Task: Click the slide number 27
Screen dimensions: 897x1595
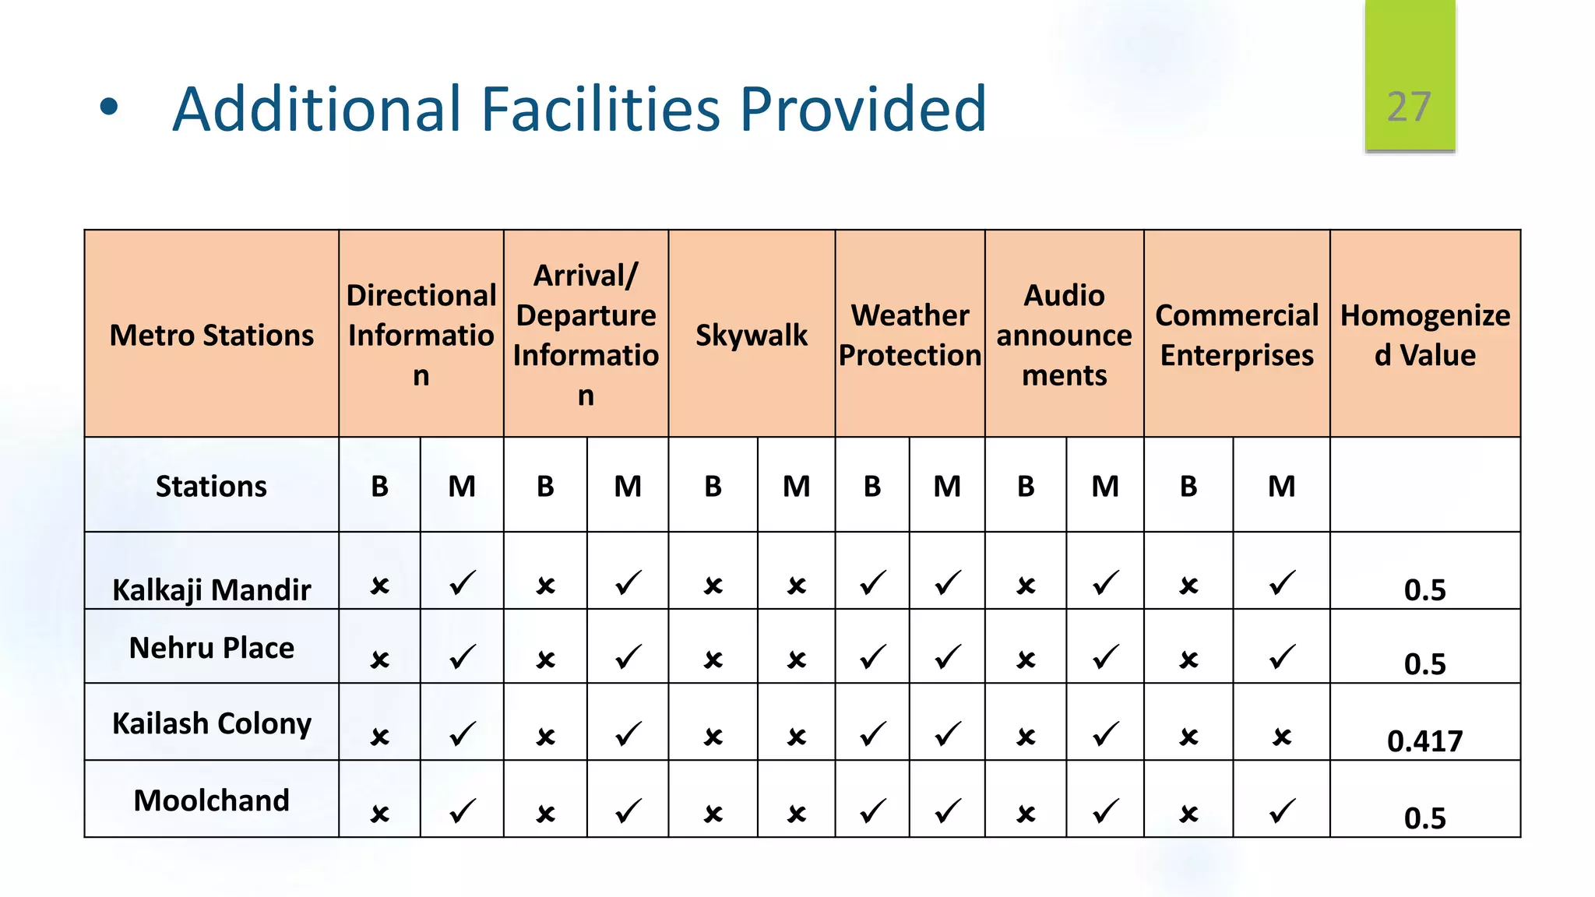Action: [x=1409, y=107]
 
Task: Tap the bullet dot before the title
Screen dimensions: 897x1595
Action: [x=109, y=107]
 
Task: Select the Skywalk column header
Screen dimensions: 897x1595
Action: [x=752, y=335]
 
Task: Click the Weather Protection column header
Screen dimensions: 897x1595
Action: [x=910, y=335]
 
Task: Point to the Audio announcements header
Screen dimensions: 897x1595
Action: [x=1064, y=335]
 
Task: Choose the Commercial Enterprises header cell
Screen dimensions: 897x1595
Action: [x=1237, y=335]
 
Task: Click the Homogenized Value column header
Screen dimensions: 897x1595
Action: [x=1424, y=335]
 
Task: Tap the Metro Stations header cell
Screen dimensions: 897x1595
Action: [x=211, y=335]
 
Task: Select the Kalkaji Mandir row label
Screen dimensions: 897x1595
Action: [x=211, y=589]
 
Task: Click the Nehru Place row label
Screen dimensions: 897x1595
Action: [x=211, y=648]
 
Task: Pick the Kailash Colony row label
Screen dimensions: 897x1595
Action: [x=211, y=723]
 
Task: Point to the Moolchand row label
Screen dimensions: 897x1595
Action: [x=211, y=800]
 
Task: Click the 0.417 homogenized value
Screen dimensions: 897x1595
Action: [x=1424, y=740]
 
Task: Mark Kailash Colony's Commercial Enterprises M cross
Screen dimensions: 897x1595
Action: [x=1282, y=737]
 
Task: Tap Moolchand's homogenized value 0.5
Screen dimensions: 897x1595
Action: [x=1424, y=818]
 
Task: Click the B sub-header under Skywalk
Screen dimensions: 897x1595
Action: [x=713, y=486]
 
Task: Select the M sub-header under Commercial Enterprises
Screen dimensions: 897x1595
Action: [x=1282, y=486]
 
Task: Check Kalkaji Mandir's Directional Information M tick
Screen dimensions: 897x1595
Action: [x=463, y=583]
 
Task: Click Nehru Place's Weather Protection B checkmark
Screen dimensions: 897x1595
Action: [x=873, y=658]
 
